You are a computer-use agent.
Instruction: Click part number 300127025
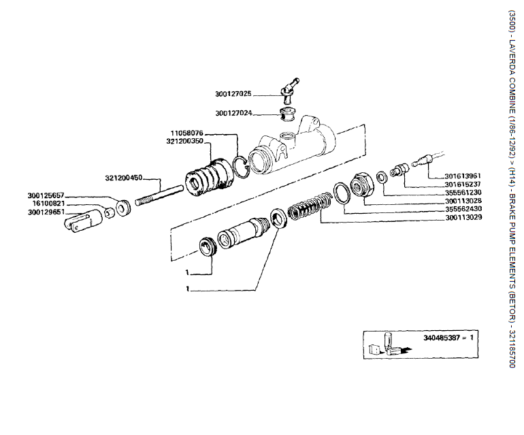pos(234,94)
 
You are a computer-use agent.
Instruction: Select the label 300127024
pos(234,113)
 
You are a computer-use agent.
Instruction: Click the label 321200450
pos(124,178)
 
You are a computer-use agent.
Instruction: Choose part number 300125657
pos(46,195)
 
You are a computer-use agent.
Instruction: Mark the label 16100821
pos(46,203)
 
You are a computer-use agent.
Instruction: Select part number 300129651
pos(46,211)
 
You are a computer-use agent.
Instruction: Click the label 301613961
pos(463,176)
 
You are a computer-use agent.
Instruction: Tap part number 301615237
pos(463,184)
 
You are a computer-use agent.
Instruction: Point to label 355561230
pos(463,192)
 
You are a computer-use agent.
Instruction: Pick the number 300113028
pos(463,201)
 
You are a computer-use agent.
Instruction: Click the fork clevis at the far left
pos(78,221)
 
